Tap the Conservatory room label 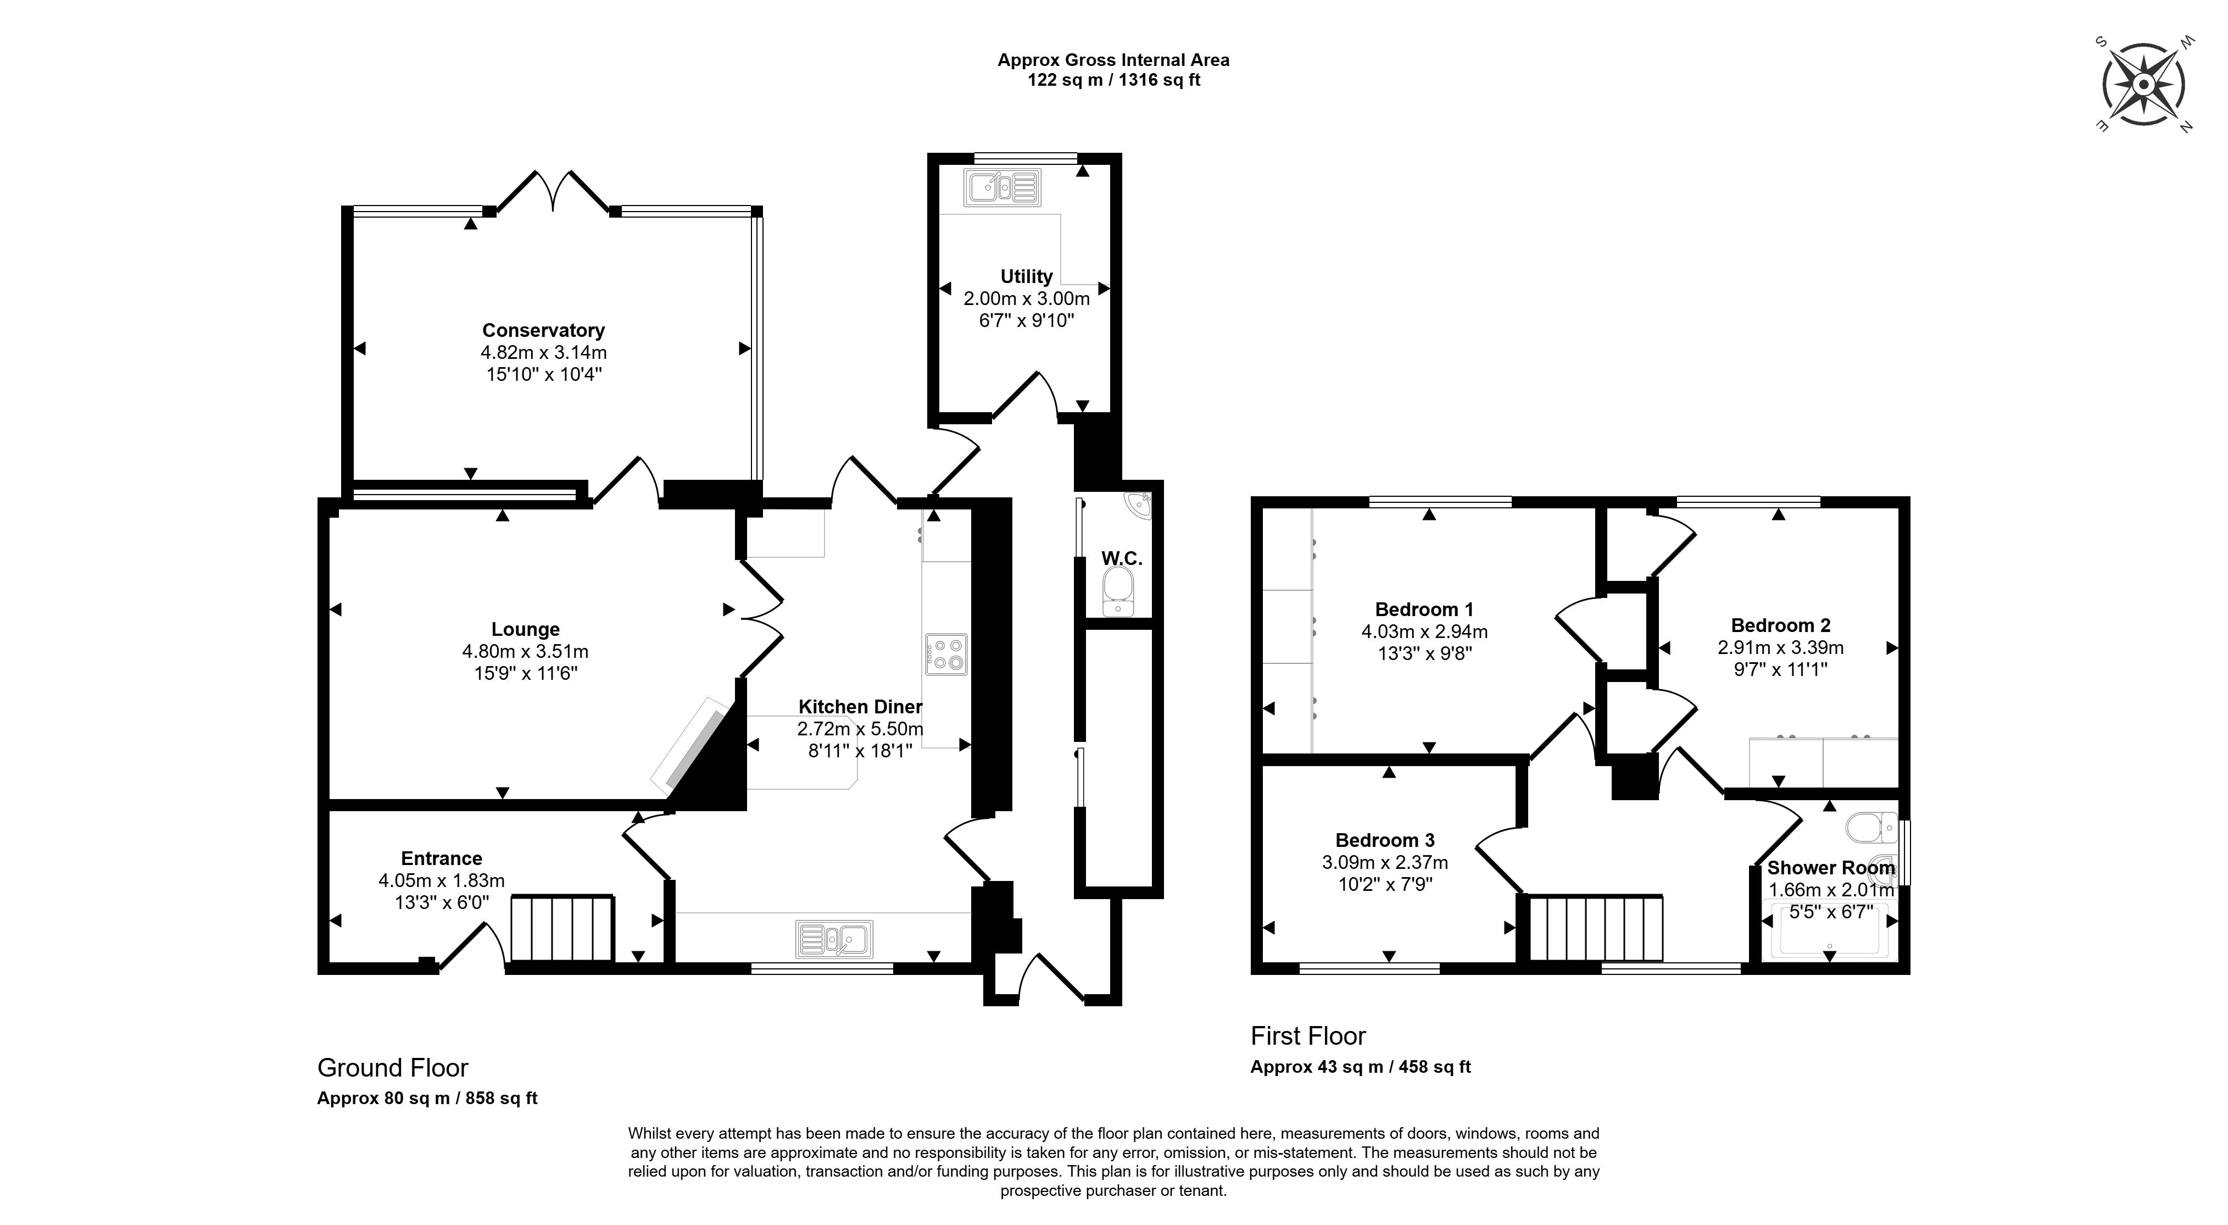click(543, 330)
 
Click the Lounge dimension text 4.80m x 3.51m click(525, 651)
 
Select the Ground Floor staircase click(562, 929)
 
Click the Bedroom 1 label click(1424, 609)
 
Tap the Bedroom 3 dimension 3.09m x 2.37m click(1385, 862)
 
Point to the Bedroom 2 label click(1781, 625)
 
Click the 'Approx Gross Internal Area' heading click(1113, 60)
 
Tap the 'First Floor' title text click(1308, 1035)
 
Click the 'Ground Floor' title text click(393, 1068)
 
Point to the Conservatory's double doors click(554, 192)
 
